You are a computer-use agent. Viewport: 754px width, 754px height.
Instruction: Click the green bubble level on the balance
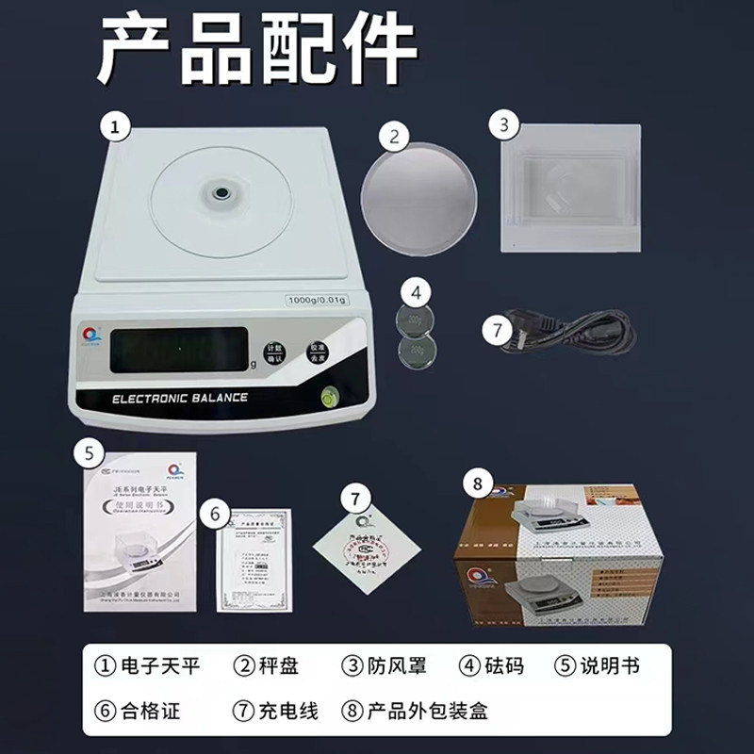pos(331,396)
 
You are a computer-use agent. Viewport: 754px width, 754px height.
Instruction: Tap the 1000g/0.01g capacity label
pos(318,300)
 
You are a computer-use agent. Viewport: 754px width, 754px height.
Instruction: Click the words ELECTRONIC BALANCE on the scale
pos(179,398)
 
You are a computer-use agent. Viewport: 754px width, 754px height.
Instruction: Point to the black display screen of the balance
pos(179,350)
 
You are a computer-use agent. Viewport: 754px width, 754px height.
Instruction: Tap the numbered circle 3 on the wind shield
pos(505,123)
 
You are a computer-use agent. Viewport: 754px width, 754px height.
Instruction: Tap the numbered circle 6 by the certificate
pos(215,514)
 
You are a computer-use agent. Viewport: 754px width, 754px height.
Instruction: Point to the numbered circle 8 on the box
pos(477,484)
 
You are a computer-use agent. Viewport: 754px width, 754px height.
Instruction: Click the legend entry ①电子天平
pos(148,665)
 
